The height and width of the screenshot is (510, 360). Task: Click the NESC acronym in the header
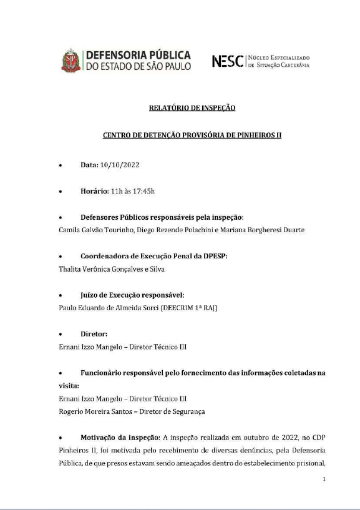click(228, 61)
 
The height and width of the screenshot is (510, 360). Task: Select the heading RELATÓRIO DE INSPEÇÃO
click(192, 108)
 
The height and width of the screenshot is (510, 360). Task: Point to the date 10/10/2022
click(119, 165)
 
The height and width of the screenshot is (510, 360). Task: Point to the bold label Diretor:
click(94, 334)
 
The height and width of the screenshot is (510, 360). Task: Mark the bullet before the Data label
click(60, 165)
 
